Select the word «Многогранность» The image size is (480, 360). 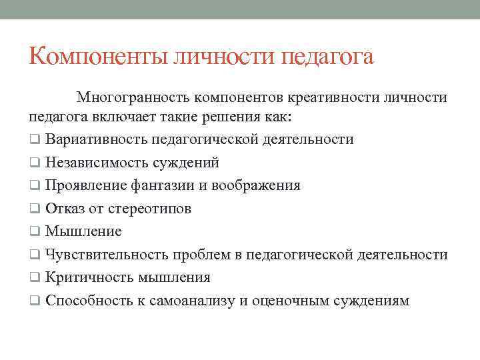coord(133,98)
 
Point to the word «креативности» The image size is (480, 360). coord(335,98)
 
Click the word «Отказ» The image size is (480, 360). coord(65,209)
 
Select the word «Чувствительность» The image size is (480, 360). coord(107,255)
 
